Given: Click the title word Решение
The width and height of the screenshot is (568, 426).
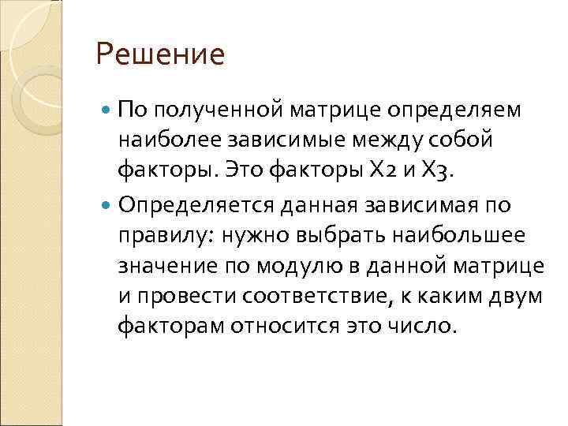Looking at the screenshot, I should (160, 55).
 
